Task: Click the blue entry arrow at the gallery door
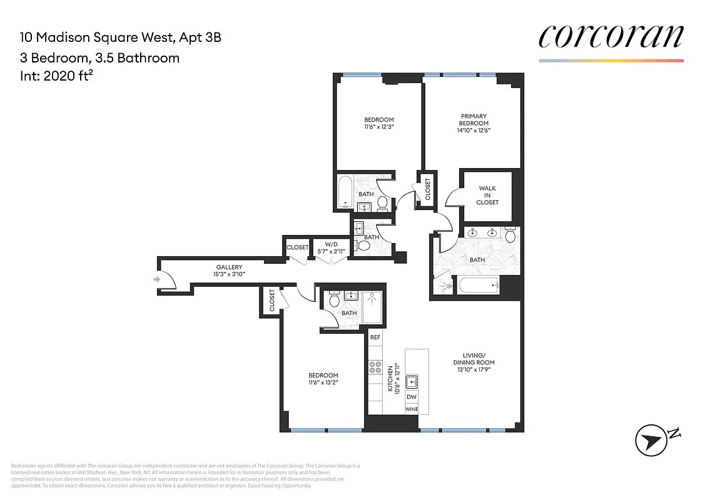point(156,279)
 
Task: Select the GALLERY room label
point(229,267)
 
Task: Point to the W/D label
point(331,244)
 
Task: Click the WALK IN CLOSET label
point(487,195)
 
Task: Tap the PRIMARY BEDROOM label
point(474,119)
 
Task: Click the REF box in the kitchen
point(375,337)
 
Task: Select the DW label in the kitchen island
point(412,397)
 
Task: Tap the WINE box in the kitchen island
point(412,409)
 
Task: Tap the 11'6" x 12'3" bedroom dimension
point(380,127)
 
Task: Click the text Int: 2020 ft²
point(56,76)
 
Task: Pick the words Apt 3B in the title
point(200,37)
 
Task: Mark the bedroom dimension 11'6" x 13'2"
point(323,382)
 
